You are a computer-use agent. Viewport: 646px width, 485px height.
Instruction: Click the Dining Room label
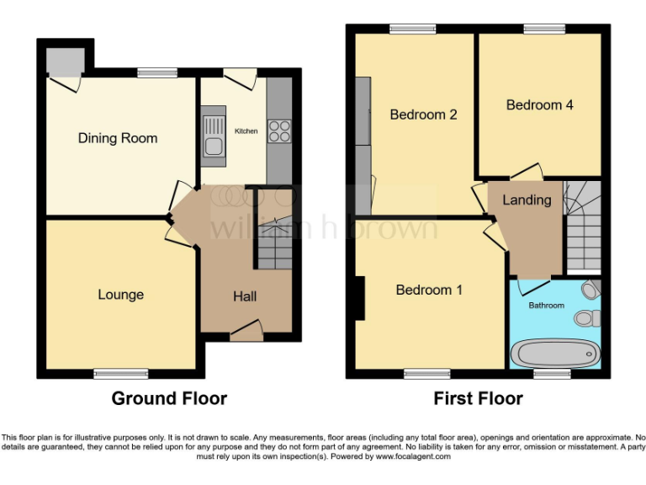(118, 138)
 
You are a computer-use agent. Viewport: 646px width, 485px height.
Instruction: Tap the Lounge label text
(120, 295)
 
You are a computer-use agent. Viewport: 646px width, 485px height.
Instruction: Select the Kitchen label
(246, 131)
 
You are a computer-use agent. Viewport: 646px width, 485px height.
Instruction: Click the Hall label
(245, 296)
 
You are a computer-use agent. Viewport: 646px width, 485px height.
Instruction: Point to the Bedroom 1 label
(429, 290)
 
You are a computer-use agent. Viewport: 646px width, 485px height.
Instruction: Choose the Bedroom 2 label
(423, 115)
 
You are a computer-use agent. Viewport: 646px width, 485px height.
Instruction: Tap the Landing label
(527, 200)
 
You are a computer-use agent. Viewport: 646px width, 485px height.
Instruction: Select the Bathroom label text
(546, 306)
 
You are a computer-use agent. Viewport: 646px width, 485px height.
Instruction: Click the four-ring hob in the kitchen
(278, 131)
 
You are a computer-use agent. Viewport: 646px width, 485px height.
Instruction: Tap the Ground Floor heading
(169, 398)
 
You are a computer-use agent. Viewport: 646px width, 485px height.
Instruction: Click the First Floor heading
(478, 398)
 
